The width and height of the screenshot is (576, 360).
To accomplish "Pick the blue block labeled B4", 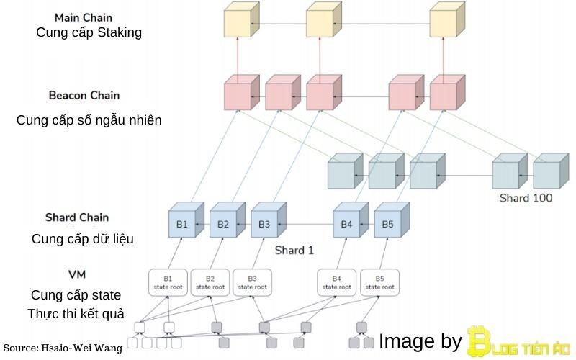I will pos(347,225).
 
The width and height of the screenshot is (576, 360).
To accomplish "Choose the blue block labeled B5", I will pos(388,225).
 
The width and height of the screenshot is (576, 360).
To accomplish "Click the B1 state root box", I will pos(168,282).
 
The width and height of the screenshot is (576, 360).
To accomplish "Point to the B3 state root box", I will pos(252,282).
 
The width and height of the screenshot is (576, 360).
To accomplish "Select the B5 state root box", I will pos(379,282).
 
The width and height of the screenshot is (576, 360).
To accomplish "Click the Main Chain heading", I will pos(84,16).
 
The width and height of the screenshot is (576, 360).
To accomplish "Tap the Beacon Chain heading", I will pos(84,95).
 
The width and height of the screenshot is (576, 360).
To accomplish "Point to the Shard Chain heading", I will pos(77,217).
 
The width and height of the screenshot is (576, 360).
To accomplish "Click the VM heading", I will pos(77,274).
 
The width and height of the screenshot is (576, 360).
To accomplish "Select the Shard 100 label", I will pos(526,198).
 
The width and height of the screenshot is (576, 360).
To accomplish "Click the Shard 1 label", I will pos(294,251).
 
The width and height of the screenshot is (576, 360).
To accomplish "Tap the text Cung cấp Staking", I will pos(89,32).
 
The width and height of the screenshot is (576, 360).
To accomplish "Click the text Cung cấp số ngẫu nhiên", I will pos(89,120).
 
